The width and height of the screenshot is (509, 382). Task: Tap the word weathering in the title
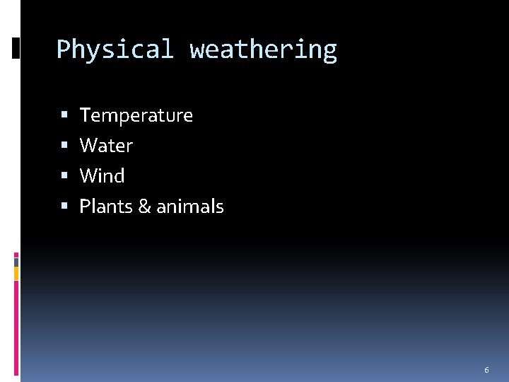pyautogui.click(x=263, y=50)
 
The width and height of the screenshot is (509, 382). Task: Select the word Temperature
pyautogui.click(x=136, y=115)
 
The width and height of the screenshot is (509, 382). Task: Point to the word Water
pyautogui.click(x=106, y=146)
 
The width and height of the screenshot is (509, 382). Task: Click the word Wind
pyautogui.click(x=102, y=176)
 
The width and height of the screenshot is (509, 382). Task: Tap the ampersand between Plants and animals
pyautogui.click(x=144, y=207)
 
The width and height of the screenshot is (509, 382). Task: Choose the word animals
pyautogui.click(x=189, y=207)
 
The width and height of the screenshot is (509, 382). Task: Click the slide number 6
pyautogui.click(x=486, y=370)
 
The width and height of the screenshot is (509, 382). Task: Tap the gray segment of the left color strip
pyautogui.click(x=16, y=262)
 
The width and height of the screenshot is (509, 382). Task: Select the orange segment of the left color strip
pyautogui.click(x=16, y=273)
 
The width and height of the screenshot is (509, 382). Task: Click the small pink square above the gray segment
pyautogui.click(x=16, y=254)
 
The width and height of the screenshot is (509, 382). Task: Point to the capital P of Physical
pyautogui.click(x=62, y=50)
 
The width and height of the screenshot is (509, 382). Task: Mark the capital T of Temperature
pyautogui.click(x=86, y=115)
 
